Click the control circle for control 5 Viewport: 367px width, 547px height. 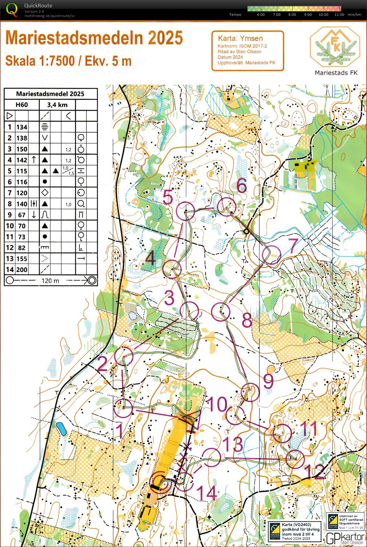click(185, 211)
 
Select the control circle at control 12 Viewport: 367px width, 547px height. click(295, 459)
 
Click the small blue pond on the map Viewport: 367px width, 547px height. click(61, 429)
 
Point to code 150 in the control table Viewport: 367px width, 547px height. click(22, 149)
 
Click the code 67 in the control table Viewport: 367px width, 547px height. click(22, 215)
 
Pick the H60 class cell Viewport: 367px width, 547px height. click(22, 105)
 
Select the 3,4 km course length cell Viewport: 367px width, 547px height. click(57, 105)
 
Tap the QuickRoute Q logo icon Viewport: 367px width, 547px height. click(12, 9)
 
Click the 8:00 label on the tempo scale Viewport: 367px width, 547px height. click(292, 15)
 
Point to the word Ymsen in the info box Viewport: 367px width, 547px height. click(251, 38)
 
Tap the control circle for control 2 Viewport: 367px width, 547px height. click(124, 356)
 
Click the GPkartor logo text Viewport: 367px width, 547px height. click(345, 538)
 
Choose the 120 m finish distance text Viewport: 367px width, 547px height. click(50, 281)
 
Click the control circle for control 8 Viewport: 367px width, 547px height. click(221, 311)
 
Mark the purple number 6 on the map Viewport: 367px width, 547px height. click(242, 186)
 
